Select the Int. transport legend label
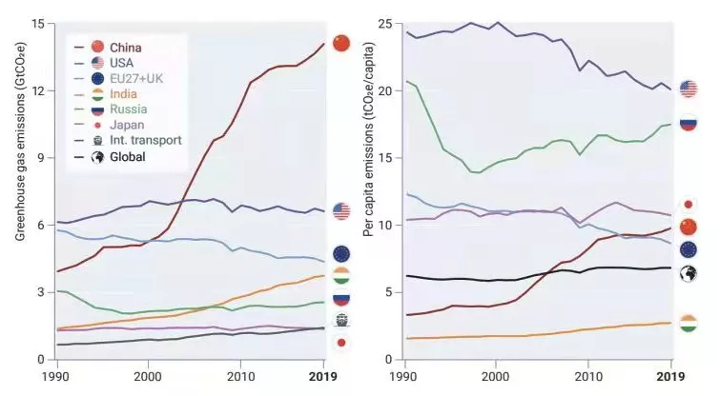[146, 140]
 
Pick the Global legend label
[128, 156]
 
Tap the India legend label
[123, 93]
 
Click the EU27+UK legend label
[137, 78]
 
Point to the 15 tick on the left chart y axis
[38, 23]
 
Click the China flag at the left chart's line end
[341, 43]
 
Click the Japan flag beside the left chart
[341, 343]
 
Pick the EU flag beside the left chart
[341, 254]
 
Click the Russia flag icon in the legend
[97, 109]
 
